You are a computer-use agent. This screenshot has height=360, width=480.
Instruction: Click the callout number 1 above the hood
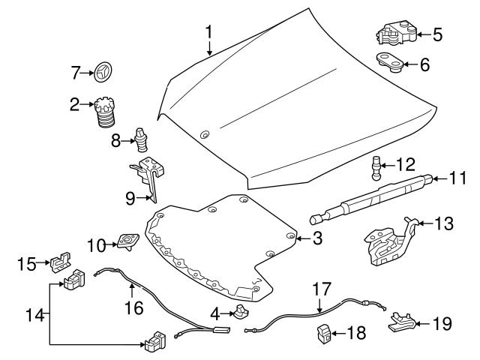[x=209, y=32]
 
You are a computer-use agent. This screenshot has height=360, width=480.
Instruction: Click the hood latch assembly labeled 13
[x=388, y=242]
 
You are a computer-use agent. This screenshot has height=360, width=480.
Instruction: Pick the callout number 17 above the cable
[x=321, y=287]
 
